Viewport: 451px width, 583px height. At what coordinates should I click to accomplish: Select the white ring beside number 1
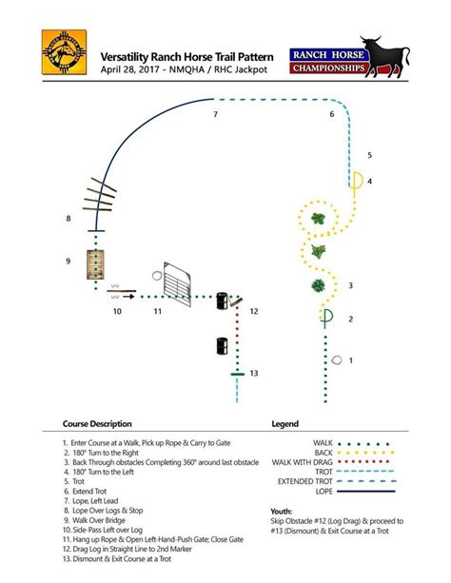click(x=338, y=360)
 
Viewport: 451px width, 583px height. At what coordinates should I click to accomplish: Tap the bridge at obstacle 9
click(x=95, y=262)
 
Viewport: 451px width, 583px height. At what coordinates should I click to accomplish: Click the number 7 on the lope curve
click(x=216, y=115)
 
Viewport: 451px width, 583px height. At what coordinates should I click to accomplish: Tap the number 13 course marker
click(x=252, y=374)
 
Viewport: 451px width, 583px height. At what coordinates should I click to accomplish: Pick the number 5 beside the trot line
click(x=369, y=154)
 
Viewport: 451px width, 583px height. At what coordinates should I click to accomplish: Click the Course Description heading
click(x=97, y=423)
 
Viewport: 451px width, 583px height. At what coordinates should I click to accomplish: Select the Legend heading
click(x=284, y=423)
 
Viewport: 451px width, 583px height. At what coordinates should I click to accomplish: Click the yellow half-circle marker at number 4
click(x=356, y=181)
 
